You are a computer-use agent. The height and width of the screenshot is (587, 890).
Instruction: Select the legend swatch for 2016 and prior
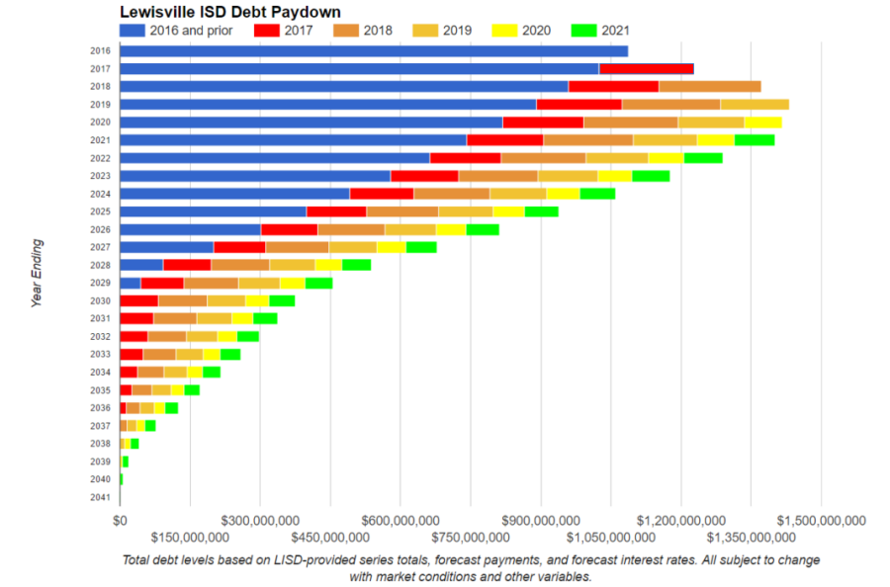coord(133,30)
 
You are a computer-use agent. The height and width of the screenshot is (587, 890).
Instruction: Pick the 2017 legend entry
coord(288,30)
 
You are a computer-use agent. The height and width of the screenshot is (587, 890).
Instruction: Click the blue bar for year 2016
coord(374,50)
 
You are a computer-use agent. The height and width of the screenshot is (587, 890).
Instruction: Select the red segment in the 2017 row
coord(646,68)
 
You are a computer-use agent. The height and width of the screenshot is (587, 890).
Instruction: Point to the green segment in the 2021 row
coord(755,139)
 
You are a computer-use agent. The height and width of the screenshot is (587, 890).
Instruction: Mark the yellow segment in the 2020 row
coord(762,122)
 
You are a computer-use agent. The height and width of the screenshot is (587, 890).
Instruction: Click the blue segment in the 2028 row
coord(141,265)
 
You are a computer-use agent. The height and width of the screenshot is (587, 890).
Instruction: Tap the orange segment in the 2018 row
coord(709,86)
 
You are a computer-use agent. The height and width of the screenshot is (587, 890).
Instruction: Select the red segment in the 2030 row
coord(138,300)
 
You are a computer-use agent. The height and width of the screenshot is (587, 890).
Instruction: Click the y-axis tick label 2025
coord(99,211)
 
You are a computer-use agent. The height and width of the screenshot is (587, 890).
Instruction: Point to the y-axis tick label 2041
coord(99,497)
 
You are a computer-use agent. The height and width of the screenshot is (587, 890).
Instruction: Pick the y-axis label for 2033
coord(99,354)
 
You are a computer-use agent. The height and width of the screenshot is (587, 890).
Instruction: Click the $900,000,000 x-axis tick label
coord(541,520)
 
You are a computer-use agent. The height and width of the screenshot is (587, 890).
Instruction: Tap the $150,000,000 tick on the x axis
coord(190,537)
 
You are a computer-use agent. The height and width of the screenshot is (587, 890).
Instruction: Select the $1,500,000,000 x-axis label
coord(822,520)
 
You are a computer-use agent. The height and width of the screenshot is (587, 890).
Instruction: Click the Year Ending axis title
coord(37,273)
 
